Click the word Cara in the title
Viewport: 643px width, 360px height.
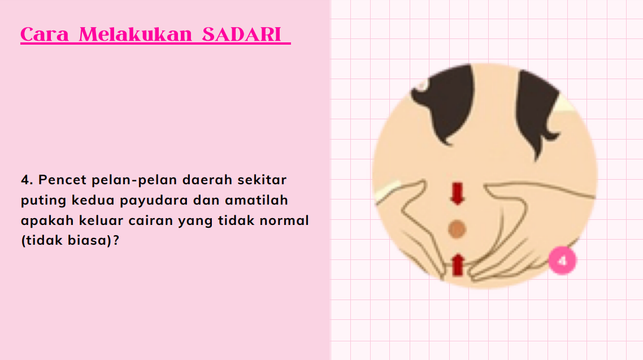(45, 34)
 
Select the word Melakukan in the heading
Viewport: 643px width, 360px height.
(136, 34)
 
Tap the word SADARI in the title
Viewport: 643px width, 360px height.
(241, 34)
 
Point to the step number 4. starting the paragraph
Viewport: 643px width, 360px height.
(27, 180)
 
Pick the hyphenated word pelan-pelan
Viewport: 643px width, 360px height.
(134, 180)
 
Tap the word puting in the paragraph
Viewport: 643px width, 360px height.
(44, 201)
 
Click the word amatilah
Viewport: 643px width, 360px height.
(257, 200)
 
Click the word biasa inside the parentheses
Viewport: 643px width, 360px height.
(87, 240)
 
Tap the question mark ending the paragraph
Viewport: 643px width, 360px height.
(116, 240)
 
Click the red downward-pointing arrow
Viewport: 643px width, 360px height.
(457, 193)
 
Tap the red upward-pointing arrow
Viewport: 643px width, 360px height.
(458, 264)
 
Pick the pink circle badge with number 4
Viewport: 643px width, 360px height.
(562, 261)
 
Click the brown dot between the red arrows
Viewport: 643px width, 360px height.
(457, 229)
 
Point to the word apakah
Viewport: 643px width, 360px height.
(47, 221)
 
